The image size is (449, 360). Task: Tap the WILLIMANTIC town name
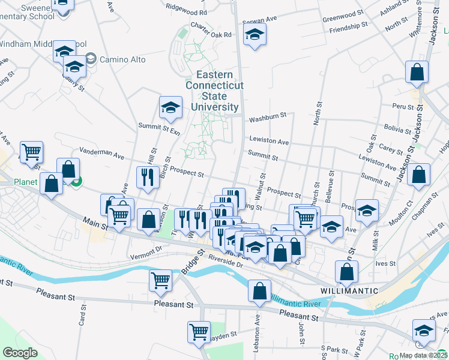pyautogui.click(x=349, y=290)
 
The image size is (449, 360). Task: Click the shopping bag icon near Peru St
pyautogui.click(x=417, y=73)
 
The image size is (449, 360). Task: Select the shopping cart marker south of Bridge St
pyautogui.click(x=160, y=280)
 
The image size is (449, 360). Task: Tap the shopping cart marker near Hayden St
pyautogui.click(x=199, y=331)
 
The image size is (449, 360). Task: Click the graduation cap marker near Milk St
pyautogui.click(x=367, y=210)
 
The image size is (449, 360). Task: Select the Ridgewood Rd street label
pyautogui.click(x=187, y=11)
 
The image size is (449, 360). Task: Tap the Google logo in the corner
pyautogui.click(x=20, y=352)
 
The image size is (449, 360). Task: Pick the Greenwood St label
pyautogui.click(x=344, y=16)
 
